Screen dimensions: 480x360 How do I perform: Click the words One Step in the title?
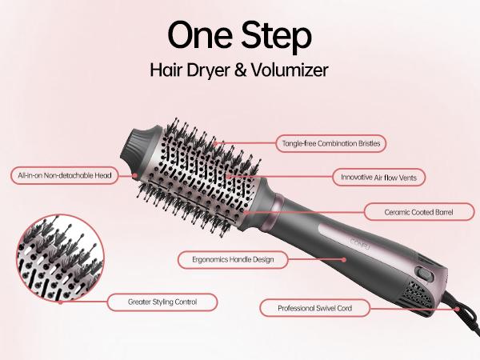click(240, 36)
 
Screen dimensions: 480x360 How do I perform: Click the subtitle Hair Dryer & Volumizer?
click(239, 70)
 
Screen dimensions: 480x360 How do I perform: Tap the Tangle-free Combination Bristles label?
click(331, 143)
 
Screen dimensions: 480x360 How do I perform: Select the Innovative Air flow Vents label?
click(378, 178)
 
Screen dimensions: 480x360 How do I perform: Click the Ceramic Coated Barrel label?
click(418, 212)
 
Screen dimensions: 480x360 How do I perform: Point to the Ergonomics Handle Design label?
click(233, 260)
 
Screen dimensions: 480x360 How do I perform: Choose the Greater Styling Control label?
click(162, 302)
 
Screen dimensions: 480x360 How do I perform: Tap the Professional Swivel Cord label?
click(314, 308)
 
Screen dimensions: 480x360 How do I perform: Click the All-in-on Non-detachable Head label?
click(64, 175)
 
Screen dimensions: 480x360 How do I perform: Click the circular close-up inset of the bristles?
click(60, 258)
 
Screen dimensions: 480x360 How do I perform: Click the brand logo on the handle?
click(360, 244)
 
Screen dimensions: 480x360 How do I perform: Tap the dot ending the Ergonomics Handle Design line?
click(344, 260)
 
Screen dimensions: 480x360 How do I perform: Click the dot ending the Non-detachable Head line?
click(135, 175)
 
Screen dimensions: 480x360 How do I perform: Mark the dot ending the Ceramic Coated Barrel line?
click(246, 212)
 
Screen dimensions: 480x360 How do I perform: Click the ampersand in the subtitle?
click(241, 70)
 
